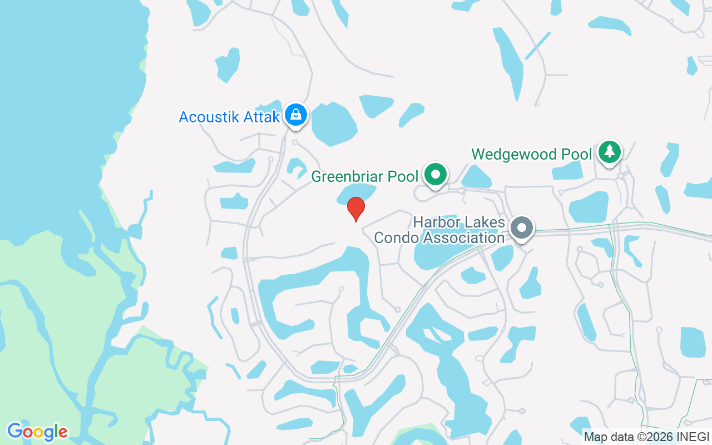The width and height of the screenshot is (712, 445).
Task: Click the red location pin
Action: [x=356, y=209]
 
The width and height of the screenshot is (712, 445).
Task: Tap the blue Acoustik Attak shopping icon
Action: [x=296, y=115]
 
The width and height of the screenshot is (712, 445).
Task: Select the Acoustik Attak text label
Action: [x=229, y=117]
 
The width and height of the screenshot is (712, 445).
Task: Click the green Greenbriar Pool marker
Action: [x=436, y=175]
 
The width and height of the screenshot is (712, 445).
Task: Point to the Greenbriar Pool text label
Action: [x=364, y=177]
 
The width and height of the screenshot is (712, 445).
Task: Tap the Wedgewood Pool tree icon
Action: [x=610, y=151]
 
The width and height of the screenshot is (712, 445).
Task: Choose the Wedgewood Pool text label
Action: [x=531, y=154]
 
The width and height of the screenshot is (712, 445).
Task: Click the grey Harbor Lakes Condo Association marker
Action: [x=522, y=228]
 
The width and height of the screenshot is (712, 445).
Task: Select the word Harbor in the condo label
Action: [x=436, y=223]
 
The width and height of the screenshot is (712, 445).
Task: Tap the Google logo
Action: [x=37, y=432]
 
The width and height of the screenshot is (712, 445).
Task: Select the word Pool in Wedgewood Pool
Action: [x=575, y=154]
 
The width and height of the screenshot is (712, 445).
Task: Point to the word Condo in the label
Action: [x=395, y=238]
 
